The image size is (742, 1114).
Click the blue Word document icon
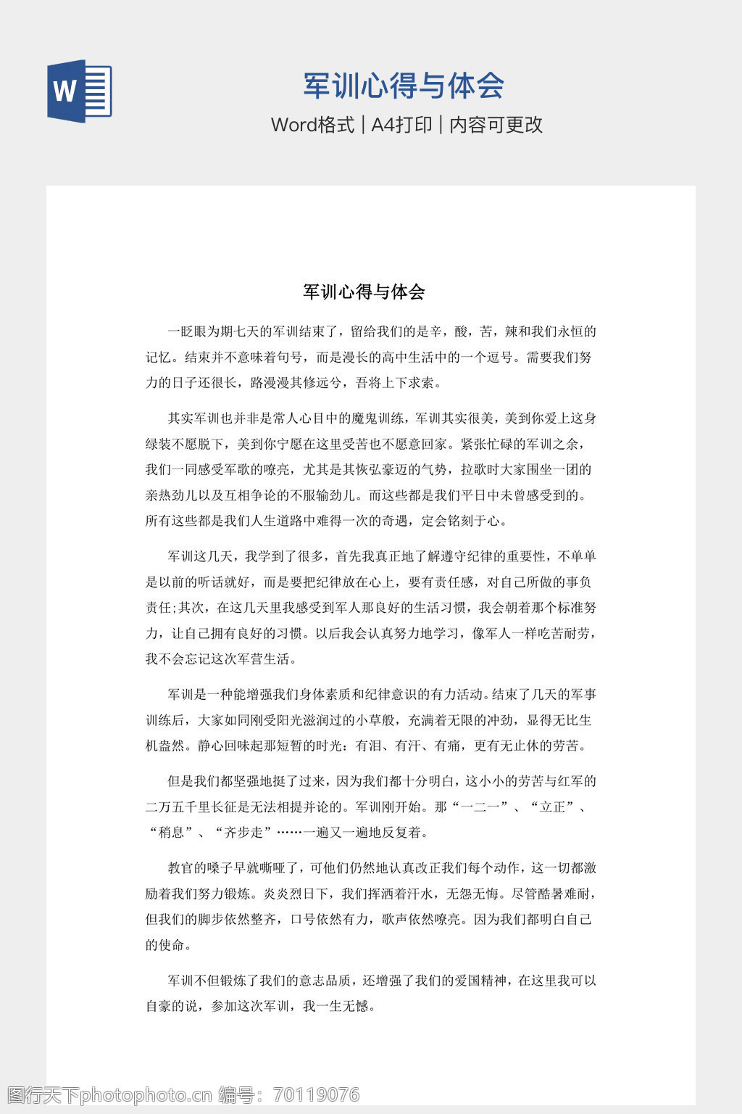coord(80,91)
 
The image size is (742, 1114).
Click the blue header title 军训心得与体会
coord(403,86)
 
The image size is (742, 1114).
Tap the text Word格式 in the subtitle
coord(312,125)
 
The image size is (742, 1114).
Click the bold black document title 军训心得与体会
coord(364,292)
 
